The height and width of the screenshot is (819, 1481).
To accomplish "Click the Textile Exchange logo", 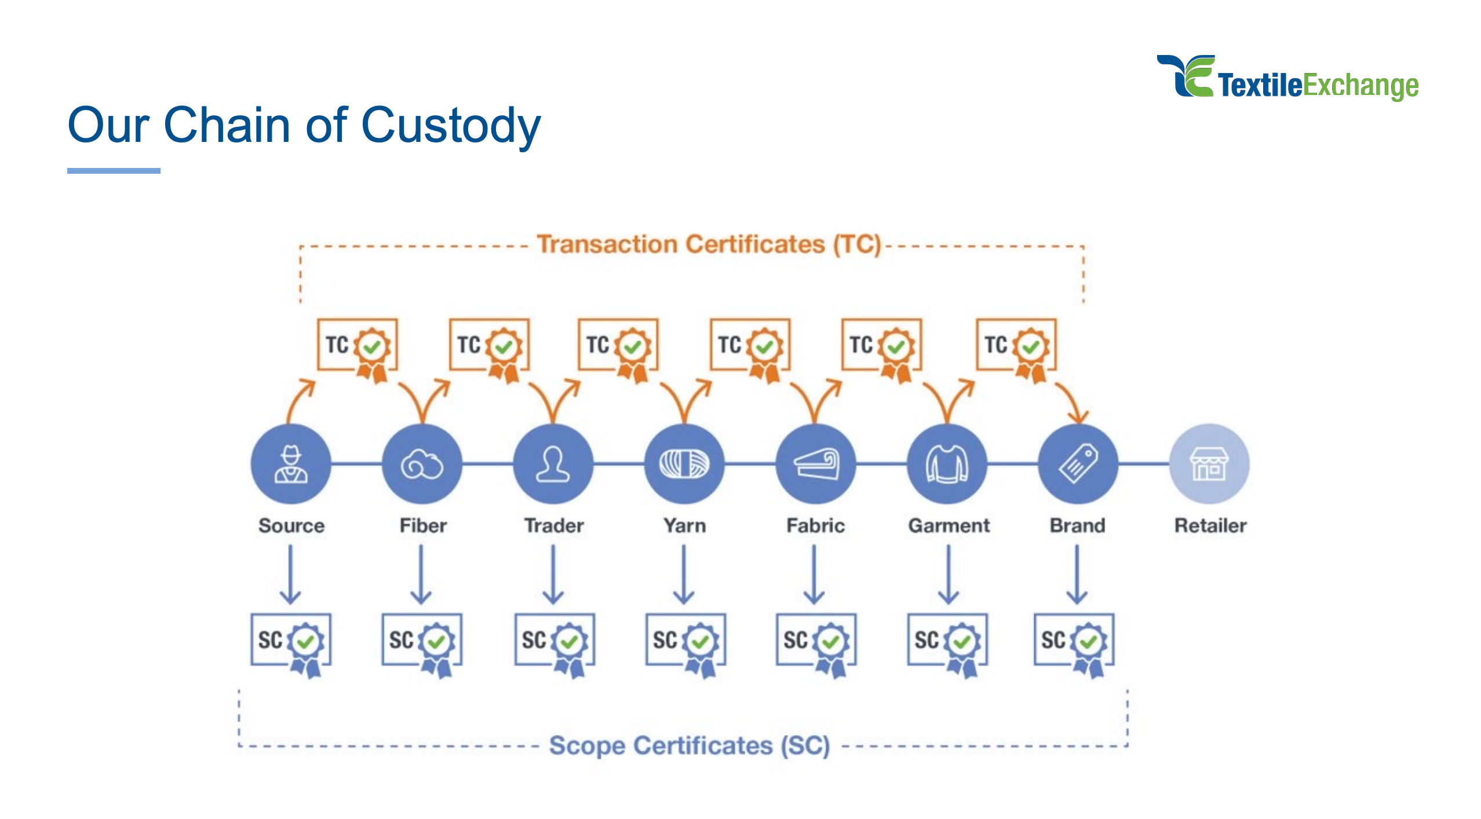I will coord(1287,79).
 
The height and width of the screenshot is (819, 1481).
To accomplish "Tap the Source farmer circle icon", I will coord(291,464).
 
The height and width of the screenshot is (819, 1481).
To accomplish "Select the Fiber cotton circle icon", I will coord(422,464).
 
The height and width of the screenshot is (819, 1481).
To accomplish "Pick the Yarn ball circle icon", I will coord(684,464).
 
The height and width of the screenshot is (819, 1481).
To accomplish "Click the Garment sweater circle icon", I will coord(947,464).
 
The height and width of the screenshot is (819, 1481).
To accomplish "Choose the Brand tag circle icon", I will coord(1078,464).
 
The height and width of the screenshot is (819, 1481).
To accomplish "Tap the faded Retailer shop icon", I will coord(1209,464).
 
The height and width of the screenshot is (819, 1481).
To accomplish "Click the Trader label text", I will coord(554,525).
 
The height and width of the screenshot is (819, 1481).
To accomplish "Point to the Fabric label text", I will coord(815,525).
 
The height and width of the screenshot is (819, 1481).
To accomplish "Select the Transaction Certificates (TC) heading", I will coord(709,244).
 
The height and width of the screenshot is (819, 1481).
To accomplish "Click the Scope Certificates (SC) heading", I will coord(690,745).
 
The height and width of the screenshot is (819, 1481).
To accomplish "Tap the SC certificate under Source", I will coord(291,642).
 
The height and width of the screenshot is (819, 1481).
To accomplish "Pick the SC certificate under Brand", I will coord(1074,642).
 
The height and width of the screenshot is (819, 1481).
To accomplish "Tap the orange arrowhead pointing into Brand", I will coord(1078,416).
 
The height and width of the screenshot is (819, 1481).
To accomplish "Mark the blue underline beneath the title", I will coord(114,171).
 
